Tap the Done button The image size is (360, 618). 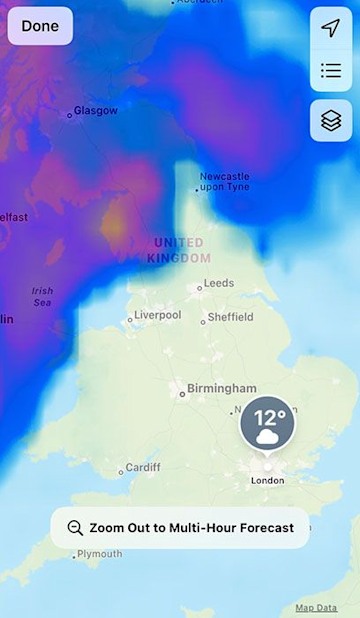click(40, 26)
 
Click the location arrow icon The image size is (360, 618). click(331, 28)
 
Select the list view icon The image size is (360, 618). click(331, 70)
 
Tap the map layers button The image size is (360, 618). click(331, 120)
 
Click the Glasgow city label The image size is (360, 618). click(95, 111)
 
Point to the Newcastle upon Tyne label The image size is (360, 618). click(225, 181)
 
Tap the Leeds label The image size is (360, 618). click(218, 283)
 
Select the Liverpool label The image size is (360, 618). click(157, 315)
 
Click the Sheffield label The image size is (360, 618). click(230, 318)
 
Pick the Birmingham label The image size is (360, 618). click(221, 388)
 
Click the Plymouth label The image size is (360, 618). click(99, 554)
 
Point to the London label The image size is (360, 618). click(267, 480)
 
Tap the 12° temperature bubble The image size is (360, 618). click(267, 424)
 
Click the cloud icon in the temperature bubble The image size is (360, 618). click(267, 437)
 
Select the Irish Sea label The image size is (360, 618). click(42, 296)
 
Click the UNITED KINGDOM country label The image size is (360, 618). click(179, 250)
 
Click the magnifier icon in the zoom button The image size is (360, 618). click(75, 528)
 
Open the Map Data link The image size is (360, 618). click(316, 608)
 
